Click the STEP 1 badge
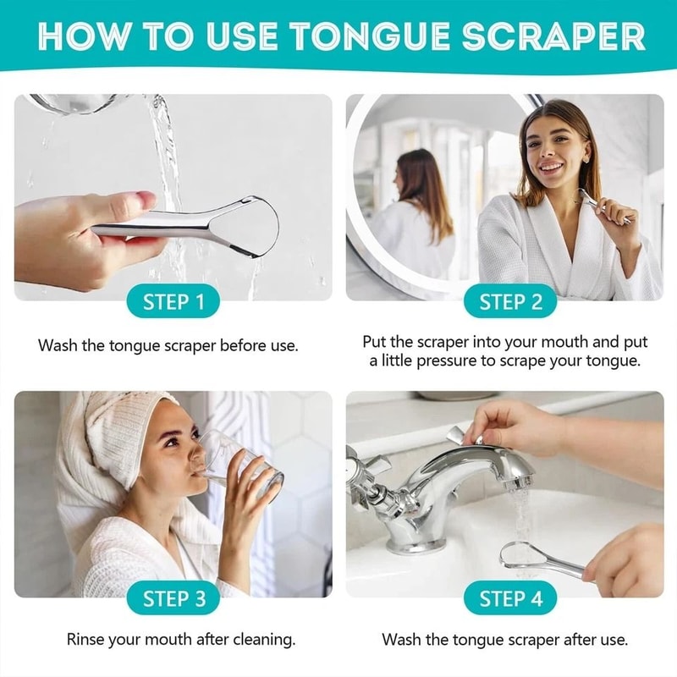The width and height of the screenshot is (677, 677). [173, 302]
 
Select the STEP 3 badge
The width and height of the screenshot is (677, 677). [173, 599]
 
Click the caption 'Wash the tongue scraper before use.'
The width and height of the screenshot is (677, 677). [168, 345]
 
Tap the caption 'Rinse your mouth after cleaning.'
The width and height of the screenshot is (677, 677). [180, 639]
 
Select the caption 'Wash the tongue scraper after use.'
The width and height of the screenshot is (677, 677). [505, 639]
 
